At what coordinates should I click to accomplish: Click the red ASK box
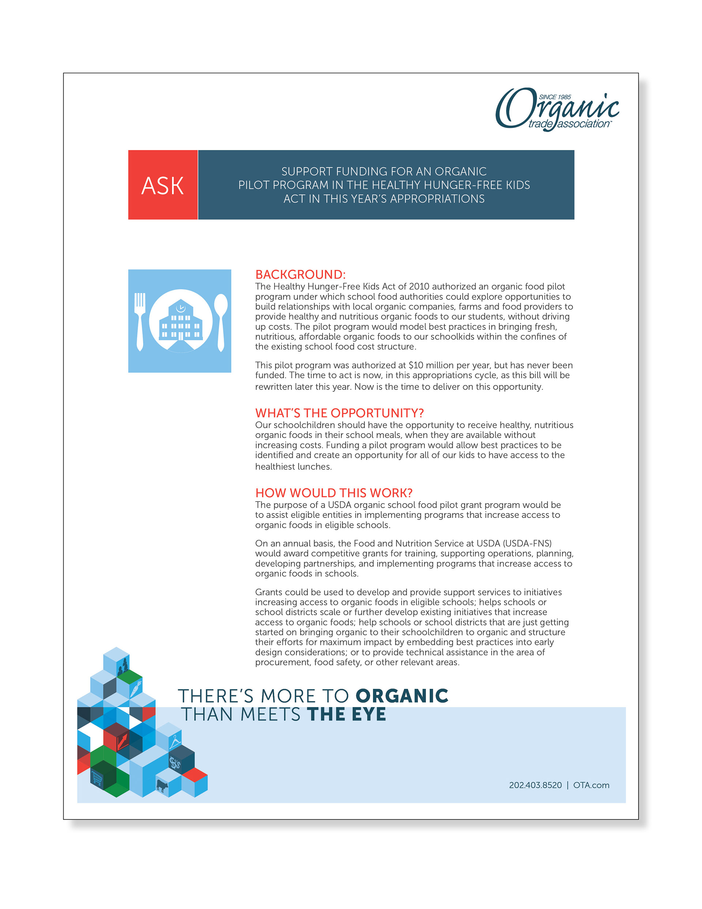[x=162, y=185]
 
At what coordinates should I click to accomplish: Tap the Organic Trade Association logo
[x=557, y=109]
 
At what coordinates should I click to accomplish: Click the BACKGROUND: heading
[x=300, y=275]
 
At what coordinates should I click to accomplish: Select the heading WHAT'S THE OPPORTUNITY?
[x=339, y=413]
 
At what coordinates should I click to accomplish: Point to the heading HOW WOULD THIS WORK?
[x=334, y=493]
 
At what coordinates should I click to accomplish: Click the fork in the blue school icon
[x=140, y=320]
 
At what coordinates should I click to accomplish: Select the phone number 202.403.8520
[x=535, y=785]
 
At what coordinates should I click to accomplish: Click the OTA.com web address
[x=591, y=785]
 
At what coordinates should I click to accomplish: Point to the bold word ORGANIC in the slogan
[x=402, y=696]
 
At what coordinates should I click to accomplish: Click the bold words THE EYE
[x=347, y=714]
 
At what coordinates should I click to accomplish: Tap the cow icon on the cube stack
[x=162, y=786]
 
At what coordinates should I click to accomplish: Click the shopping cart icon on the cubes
[x=97, y=777]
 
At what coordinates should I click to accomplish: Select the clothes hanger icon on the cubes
[x=175, y=741]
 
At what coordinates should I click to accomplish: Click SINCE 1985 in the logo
[x=555, y=97]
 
